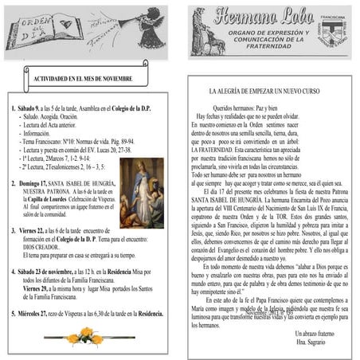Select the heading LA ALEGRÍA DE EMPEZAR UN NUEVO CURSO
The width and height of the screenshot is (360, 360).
[x=271, y=92]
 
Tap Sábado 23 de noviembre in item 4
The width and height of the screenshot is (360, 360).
[x=51, y=272]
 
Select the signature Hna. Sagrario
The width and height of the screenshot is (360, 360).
[x=311, y=340]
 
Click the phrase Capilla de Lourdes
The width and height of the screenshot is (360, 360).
[x=49, y=199]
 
